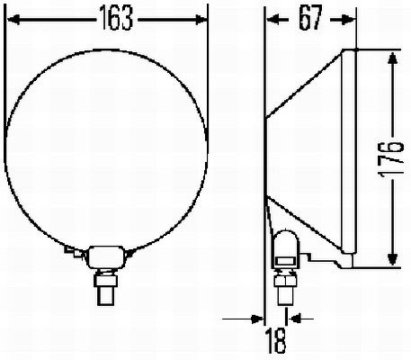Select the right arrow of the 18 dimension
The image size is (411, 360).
coord(293,318)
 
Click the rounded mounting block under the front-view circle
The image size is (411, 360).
coord(106,256)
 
